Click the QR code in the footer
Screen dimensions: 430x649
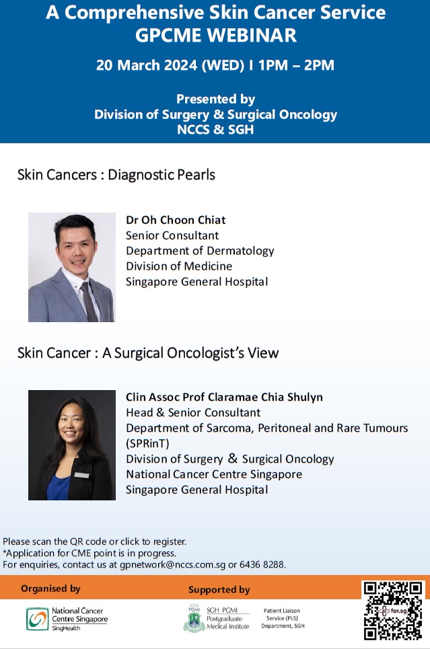(x=394, y=611)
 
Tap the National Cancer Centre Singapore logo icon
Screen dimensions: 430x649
(x=37, y=619)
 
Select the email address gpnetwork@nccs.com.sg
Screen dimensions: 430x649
(x=173, y=564)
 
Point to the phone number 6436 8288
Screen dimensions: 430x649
(x=262, y=564)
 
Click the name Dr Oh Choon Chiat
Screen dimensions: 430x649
(x=176, y=220)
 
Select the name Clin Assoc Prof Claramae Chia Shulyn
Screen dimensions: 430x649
(x=224, y=397)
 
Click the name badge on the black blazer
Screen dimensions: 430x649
(x=81, y=475)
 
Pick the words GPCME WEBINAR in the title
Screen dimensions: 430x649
(x=216, y=35)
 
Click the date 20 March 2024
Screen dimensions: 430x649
(x=147, y=65)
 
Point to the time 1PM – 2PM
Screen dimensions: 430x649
(x=296, y=65)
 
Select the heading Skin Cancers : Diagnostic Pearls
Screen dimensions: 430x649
(x=116, y=175)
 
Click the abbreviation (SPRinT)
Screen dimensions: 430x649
(x=147, y=443)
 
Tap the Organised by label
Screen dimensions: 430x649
(x=50, y=588)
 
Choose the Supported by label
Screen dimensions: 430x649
(x=219, y=590)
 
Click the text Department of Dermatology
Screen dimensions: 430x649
(x=200, y=251)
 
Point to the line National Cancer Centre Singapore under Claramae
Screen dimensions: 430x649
(x=214, y=474)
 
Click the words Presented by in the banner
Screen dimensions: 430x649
(x=215, y=100)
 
